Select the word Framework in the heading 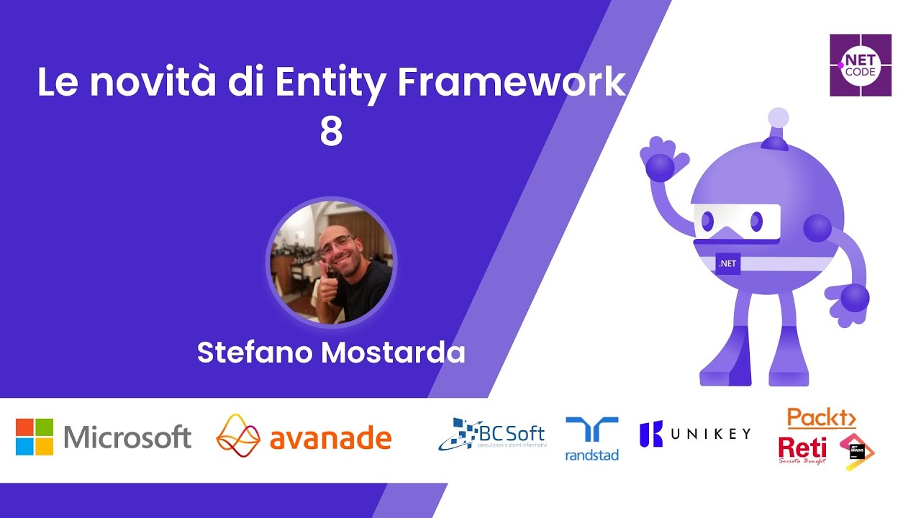512,84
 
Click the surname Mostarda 393,353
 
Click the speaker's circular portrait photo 331,263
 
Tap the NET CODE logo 861,65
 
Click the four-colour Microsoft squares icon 35,437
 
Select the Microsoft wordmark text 127,437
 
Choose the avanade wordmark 330,438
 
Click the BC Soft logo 492,434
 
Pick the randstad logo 591,439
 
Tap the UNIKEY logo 695,433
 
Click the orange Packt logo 821,418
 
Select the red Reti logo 802,450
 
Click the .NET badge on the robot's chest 727,263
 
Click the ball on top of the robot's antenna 778,117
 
